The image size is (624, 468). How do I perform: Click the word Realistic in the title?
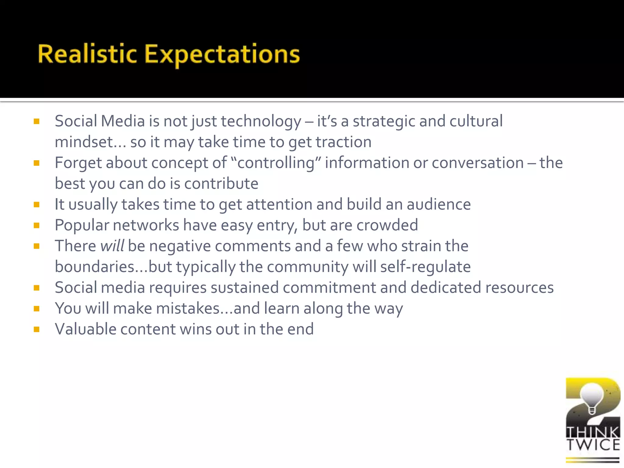pos(87,54)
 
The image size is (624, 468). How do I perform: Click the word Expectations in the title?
pos(222,55)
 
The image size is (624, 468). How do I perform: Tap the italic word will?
pos(112,246)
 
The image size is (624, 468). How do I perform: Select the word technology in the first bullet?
pos(261,121)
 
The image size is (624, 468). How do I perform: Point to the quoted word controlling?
pos(276,163)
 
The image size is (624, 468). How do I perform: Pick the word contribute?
pos(221,183)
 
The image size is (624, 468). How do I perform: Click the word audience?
pos(438,204)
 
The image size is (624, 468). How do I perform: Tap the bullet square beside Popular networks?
pos(37,225)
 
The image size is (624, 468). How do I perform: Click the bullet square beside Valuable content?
pos(37,329)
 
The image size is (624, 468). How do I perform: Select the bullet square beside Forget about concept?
pos(37,163)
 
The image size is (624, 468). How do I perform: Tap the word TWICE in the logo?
pos(593,445)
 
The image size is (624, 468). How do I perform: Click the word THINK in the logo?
pos(593,432)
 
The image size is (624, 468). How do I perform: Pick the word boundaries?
pos(94,267)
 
